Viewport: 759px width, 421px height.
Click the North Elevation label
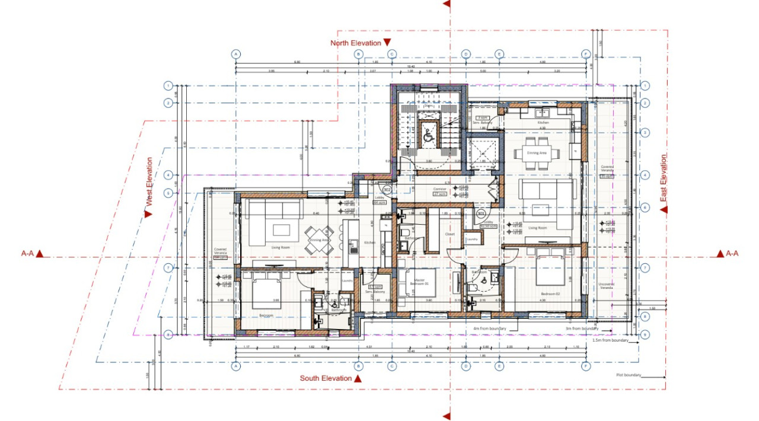(x=356, y=43)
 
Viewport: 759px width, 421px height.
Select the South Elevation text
(x=326, y=378)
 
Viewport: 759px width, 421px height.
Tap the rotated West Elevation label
(x=149, y=182)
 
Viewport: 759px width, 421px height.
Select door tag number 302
(x=387, y=190)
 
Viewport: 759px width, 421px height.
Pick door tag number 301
(x=481, y=213)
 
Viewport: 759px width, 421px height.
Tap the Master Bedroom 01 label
(x=419, y=282)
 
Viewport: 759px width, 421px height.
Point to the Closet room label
(x=449, y=234)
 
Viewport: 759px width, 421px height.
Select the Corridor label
(x=439, y=189)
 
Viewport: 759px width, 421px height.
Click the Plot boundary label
(x=628, y=375)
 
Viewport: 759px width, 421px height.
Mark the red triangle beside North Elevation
(x=387, y=43)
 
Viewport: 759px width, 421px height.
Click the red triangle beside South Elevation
(x=358, y=378)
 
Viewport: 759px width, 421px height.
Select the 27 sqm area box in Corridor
(x=439, y=194)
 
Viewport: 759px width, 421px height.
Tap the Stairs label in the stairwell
(x=425, y=106)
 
